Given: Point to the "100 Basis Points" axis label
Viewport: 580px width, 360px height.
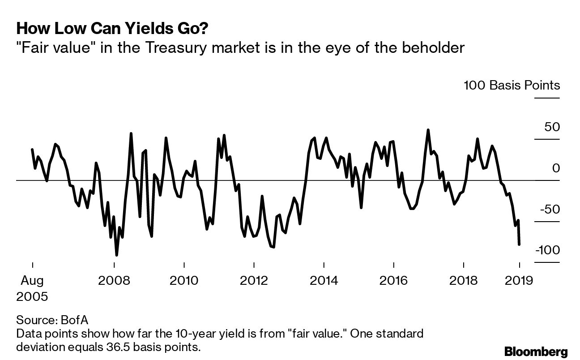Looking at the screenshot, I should tap(512, 85).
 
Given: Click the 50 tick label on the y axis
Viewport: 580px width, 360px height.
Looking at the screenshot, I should tap(552, 127).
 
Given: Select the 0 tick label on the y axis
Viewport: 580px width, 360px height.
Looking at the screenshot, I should tap(555, 168).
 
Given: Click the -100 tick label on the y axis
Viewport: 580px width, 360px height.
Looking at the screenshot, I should tap(547, 250).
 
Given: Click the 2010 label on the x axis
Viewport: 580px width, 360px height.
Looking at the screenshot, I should tap(184, 281).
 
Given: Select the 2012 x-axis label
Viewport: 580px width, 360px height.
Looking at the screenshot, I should tap(254, 281).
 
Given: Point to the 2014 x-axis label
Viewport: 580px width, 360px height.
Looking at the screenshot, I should tap(323, 281).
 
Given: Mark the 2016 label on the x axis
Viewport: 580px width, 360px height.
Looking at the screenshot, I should tap(393, 281).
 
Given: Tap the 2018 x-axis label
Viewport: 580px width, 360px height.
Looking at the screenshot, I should tap(463, 281).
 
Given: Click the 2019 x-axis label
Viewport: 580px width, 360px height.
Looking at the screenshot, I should tap(519, 281).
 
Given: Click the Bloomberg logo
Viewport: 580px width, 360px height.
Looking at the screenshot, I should tap(536, 351).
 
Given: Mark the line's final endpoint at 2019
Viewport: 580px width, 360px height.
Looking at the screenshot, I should tap(519, 244).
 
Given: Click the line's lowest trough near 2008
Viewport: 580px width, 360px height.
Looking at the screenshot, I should tap(117, 255).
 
